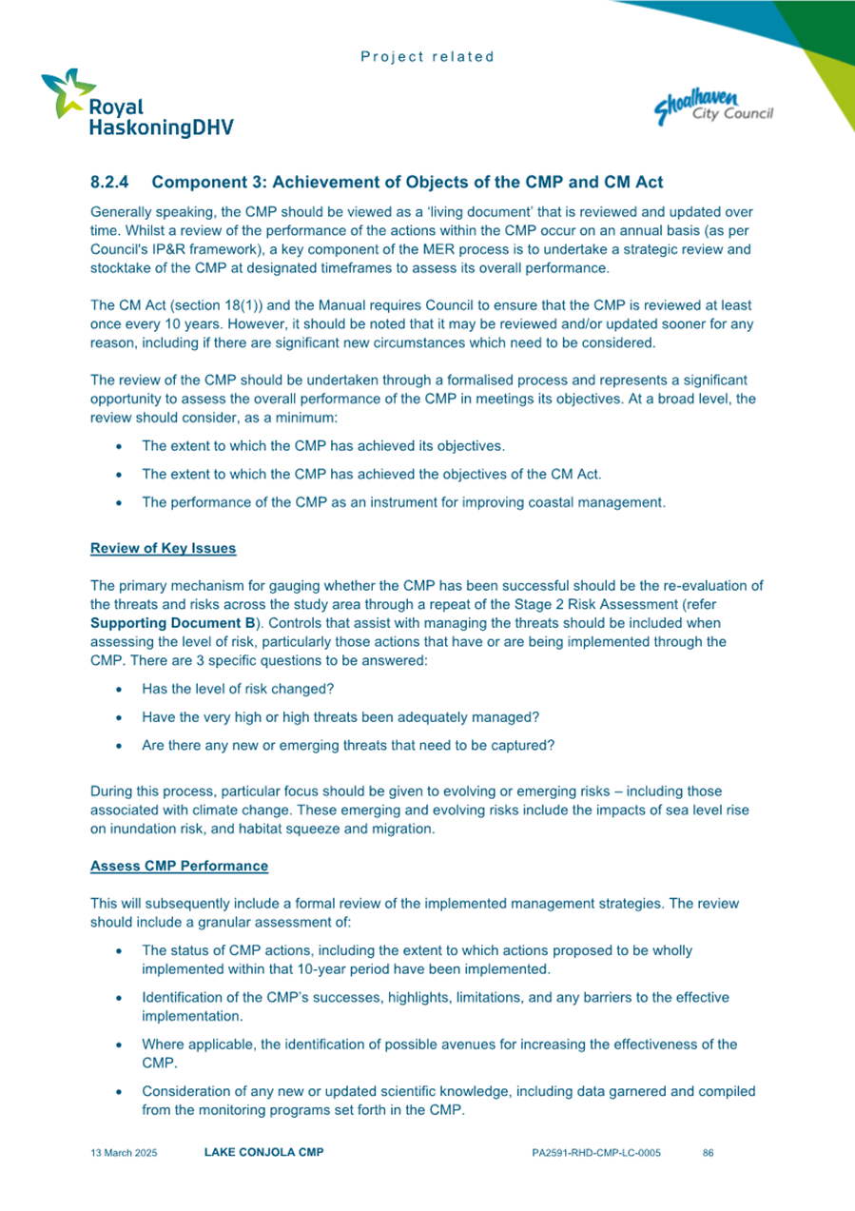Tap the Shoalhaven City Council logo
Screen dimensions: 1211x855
[713, 106]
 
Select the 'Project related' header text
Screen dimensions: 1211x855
[427, 56]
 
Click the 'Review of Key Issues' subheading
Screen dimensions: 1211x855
[164, 549]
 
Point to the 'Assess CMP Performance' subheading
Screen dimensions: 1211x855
[179, 866]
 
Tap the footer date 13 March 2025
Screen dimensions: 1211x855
[124, 1153]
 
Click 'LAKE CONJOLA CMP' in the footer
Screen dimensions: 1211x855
[264, 1153]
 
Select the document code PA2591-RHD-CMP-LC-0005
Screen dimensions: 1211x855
[596, 1153]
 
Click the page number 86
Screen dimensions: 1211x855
[708, 1153]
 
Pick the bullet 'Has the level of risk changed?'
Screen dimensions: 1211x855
[238, 689]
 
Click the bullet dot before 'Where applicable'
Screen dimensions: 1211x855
[117, 1045]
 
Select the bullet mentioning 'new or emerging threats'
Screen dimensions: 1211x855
[347, 746]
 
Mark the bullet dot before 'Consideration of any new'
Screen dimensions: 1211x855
[117, 1091]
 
